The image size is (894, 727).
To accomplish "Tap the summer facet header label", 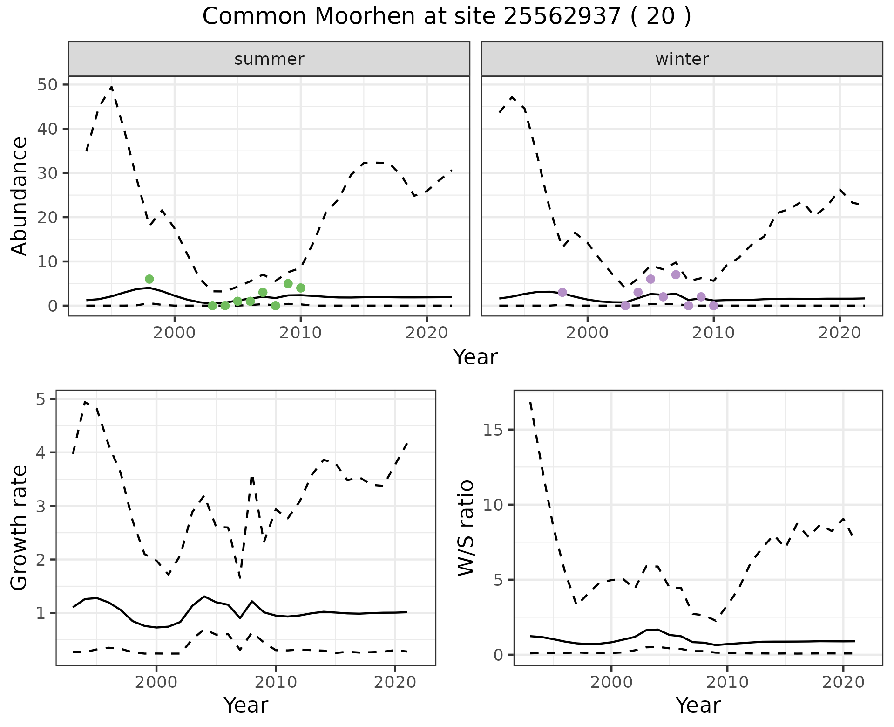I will (269, 59).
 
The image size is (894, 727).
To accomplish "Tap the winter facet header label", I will (682, 59).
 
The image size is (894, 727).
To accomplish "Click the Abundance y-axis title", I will (20, 196).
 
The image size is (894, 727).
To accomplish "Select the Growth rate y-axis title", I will (20, 528).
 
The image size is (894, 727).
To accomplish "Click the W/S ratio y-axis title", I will (466, 528).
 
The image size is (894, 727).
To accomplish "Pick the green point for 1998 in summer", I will (149, 279).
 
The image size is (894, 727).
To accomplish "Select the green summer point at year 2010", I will (301, 288).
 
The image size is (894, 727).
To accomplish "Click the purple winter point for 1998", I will (562, 292).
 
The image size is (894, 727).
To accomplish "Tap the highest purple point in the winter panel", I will (676, 274).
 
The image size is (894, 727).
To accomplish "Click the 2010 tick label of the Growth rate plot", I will (276, 682).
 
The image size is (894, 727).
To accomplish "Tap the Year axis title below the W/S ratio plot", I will (698, 705).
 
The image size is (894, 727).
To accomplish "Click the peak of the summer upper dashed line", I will (111, 87).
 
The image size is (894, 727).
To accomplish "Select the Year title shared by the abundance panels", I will (475, 357).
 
